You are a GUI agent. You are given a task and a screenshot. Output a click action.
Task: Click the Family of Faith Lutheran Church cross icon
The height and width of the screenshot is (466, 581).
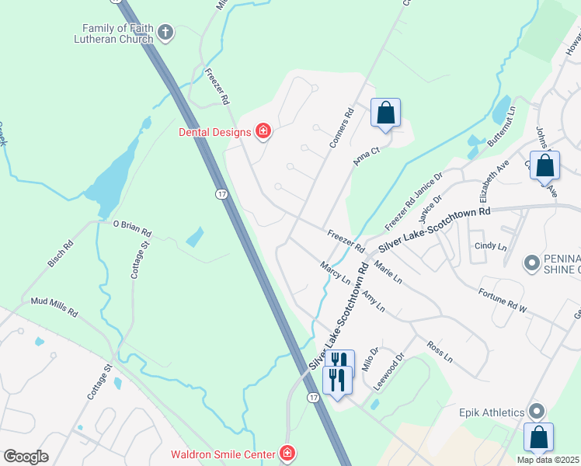pos(165,33)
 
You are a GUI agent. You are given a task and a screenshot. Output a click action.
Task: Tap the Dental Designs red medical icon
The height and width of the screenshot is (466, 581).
pos(263,130)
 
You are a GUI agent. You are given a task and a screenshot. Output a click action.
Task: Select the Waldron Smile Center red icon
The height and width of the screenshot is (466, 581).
pos(287,453)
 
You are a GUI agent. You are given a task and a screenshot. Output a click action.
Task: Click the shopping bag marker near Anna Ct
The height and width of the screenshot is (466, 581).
pos(385,113)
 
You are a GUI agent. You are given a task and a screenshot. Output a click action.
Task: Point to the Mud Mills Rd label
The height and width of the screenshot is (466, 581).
pos(54,307)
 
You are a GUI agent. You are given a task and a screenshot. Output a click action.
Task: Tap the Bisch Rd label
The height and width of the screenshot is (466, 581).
pos(61,253)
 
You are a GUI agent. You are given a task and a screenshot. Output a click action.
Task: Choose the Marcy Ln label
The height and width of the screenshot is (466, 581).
pos(336,273)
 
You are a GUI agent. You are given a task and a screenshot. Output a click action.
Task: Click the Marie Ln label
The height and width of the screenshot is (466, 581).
pos(388,271)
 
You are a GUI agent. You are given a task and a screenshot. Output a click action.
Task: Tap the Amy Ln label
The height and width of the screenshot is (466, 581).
pos(374,300)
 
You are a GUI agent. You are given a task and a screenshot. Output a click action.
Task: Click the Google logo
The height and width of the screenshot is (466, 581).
pos(26,457)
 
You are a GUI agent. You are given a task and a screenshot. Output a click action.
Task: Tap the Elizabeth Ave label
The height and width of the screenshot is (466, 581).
pos(494,178)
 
